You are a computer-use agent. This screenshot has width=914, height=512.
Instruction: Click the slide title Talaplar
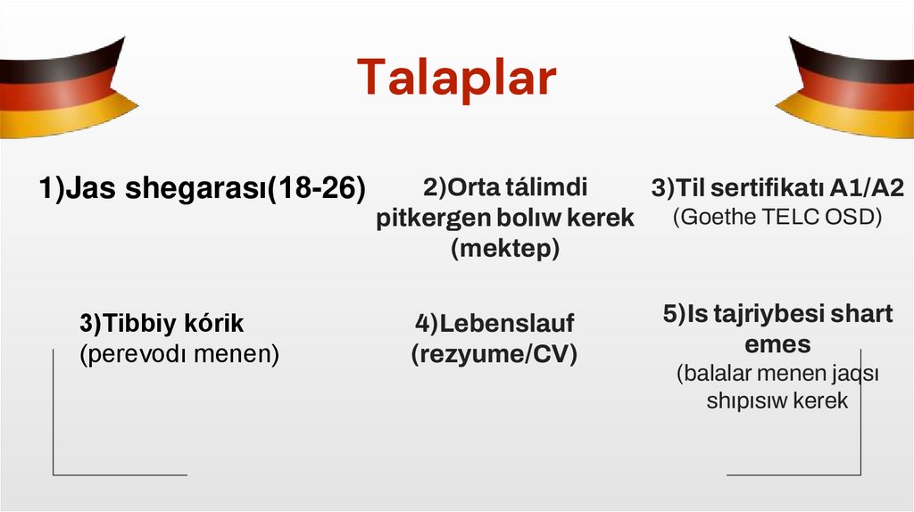tap(456, 78)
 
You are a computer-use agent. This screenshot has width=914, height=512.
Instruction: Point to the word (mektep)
tap(505, 249)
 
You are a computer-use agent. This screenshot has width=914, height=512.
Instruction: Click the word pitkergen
tap(433, 219)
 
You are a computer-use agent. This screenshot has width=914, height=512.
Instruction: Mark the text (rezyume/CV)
tap(494, 354)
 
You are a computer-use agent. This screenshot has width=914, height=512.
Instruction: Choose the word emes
tap(777, 343)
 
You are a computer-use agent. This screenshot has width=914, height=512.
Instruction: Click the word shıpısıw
tap(741, 401)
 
